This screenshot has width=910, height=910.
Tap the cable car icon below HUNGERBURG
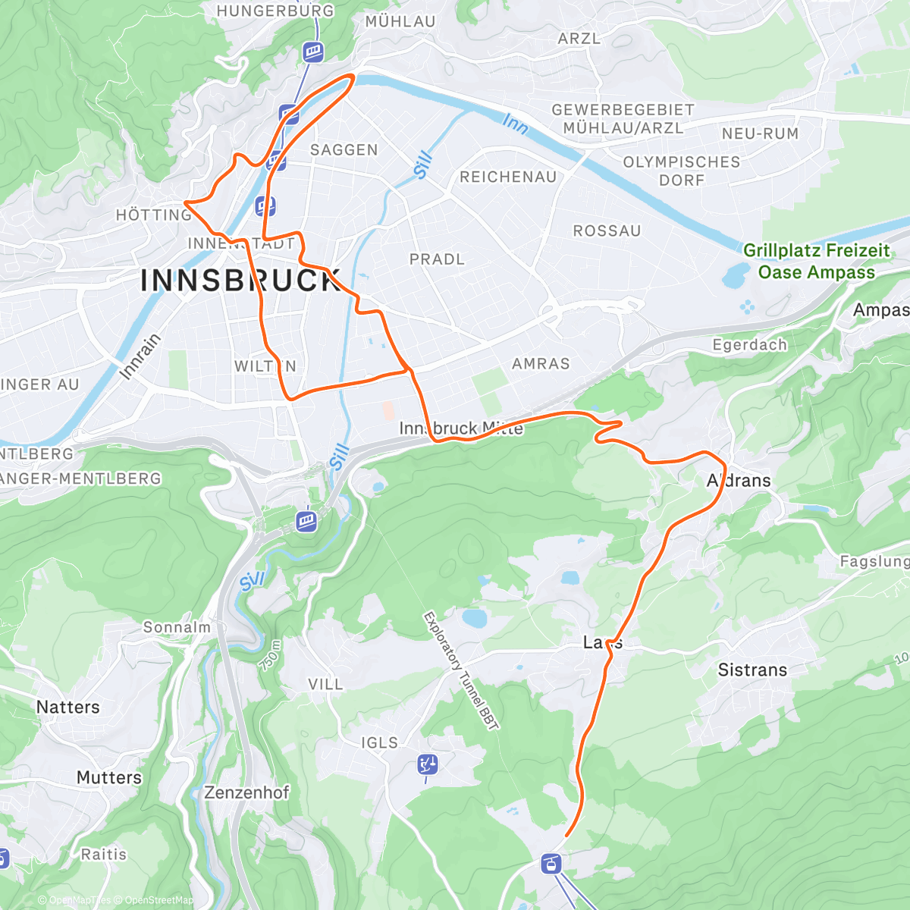point(313,52)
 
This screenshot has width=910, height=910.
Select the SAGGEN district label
point(344,150)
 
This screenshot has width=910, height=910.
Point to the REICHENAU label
point(508,177)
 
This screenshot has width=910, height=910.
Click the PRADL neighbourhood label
point(437,259)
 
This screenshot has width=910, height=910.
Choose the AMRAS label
point(541,364)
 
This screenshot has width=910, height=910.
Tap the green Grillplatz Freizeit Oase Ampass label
point(817,261)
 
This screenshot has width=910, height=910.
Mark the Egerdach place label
point(750,345)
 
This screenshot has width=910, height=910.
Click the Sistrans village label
point(752,670)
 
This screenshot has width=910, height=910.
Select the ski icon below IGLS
point(428,765)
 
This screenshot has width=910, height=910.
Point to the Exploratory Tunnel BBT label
point(460,671)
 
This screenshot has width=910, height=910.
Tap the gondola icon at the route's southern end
point(551,863)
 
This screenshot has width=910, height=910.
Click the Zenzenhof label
point(246,792)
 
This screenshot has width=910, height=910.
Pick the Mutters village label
point(109,777)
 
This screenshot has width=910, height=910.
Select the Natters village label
point(68,707)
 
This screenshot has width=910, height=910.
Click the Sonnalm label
point(177,627)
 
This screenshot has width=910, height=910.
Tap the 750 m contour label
point(270,656)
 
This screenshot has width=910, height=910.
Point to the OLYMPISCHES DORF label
point(681,171)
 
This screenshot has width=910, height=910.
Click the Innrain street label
point(140,356)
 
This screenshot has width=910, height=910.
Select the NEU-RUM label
point(760,134)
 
